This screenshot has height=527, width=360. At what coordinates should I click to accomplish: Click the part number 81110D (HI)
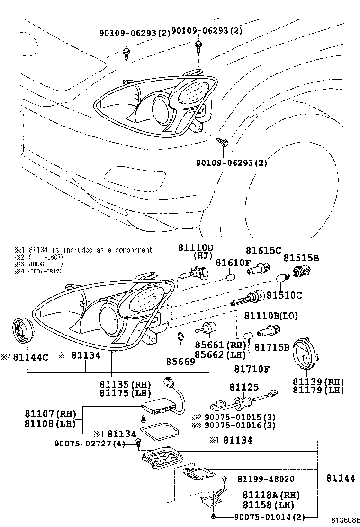click(196, 248)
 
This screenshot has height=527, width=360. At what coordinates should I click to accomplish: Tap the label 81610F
click(234, 262)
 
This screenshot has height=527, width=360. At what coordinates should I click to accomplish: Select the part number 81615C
click(263, 250)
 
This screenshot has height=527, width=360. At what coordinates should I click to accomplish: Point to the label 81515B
click(301, 258)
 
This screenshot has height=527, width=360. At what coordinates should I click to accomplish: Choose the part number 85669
click(180, 361)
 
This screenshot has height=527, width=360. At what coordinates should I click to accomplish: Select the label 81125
click(242, 387)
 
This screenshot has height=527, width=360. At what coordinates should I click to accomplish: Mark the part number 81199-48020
click(266, 479)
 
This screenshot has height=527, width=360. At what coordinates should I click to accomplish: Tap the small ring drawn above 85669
click(180, 337)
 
